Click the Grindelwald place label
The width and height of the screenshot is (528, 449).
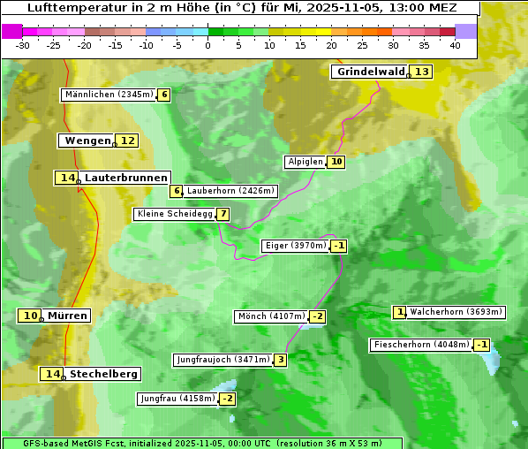pos(370,72)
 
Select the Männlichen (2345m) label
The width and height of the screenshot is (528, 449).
pos(109,95)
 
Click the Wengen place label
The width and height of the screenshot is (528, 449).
pos(87,141)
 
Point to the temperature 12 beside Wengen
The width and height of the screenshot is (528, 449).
pos(128,141)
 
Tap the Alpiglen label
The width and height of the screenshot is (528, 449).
pos(305,162)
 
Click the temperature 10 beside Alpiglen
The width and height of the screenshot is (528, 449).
pos(336,162)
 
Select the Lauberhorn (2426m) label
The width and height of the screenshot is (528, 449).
pos(231,190)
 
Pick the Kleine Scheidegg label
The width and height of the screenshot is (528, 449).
pos(174,214)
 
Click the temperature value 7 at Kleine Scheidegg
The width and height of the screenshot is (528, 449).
pos(223,214)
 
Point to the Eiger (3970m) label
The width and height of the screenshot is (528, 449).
pos(295,246)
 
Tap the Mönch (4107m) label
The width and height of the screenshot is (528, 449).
pos(271,316)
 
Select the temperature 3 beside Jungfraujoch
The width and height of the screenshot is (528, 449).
pos(280,360)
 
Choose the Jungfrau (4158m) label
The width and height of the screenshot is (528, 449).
pos(177,399)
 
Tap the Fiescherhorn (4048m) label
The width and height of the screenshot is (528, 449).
pos(421,345)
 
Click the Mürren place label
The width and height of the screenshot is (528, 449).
pos(67,316)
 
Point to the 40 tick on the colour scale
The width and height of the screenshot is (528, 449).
pos(456,45)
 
